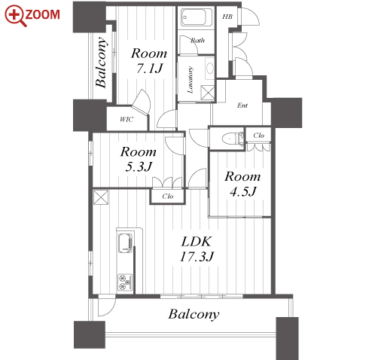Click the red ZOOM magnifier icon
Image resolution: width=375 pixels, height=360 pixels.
(x=16, y=16)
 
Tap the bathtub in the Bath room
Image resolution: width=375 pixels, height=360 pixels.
(x=197, y=17)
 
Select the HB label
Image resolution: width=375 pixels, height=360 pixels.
(x=227, y=17)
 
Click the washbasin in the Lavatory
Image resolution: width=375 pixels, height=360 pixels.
(x=210, y=69)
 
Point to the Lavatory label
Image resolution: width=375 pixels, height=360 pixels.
(x=191, y=80)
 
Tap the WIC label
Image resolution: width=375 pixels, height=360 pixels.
(x=127, y=119)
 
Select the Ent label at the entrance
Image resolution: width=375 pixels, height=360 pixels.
(x=242, y=105)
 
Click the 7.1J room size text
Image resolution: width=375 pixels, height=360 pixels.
(x=150, y=69)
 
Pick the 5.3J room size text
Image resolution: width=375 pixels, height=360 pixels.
(x=139, y=166)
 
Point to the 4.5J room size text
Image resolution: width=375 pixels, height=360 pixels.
(x=243, y=191)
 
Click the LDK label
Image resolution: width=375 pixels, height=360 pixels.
(x=197, y=242)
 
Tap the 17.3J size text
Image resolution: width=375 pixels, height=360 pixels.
(x=197, y=257)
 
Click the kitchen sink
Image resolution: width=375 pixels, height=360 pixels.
(x=125, y=243)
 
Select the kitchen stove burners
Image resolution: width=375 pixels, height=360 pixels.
(x=125, y=282)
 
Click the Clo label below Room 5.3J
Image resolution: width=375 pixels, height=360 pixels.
(x=168, y=196)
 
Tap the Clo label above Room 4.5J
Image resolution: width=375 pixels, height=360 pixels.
(x=258, y=136)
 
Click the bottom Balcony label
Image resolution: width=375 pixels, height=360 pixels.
(x=194, y=314)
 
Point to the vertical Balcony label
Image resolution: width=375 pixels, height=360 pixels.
(x=102, y=63)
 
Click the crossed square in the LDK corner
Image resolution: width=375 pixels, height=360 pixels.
(x=101, y=197)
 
